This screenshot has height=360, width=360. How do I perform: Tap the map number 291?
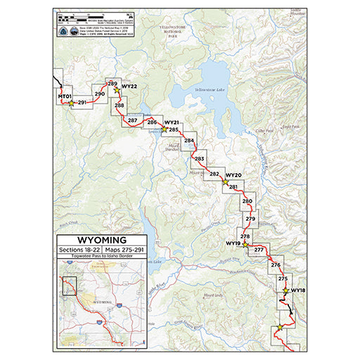pyautogui.click(x=82, y=103)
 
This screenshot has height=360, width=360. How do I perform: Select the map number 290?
pyautogui.click(x=99, y=94)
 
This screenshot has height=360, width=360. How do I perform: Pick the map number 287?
pyautogui.click(x=132, y=120)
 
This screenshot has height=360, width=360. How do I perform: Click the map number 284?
pyautogui.click(x=188, y=141)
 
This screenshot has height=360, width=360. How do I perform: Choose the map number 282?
pyautogui.click(x=214, y=174)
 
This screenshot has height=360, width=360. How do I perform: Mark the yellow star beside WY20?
pyautogui.click(x=225, y=181)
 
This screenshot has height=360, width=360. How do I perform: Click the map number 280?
pyautogui.click(x=247, y=201)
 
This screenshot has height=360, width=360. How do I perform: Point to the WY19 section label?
pyautogui.click(x=233, y=243)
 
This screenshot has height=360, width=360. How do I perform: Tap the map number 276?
pyautogui.click(x=275, y=265)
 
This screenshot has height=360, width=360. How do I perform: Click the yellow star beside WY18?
pyautogui.click(x=285, y=290)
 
